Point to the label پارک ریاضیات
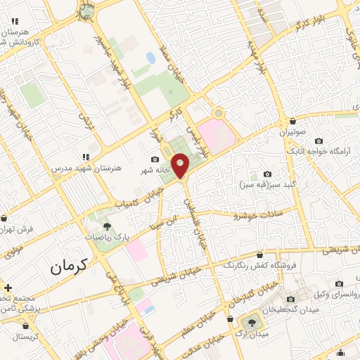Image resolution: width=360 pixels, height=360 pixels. pos(108,238)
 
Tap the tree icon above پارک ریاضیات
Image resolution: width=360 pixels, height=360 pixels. pos(107,226)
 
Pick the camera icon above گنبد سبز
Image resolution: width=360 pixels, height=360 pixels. pos(267,174)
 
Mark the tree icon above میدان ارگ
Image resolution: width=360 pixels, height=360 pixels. pos(250,321)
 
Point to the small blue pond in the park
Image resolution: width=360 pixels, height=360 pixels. pos(150,57)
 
